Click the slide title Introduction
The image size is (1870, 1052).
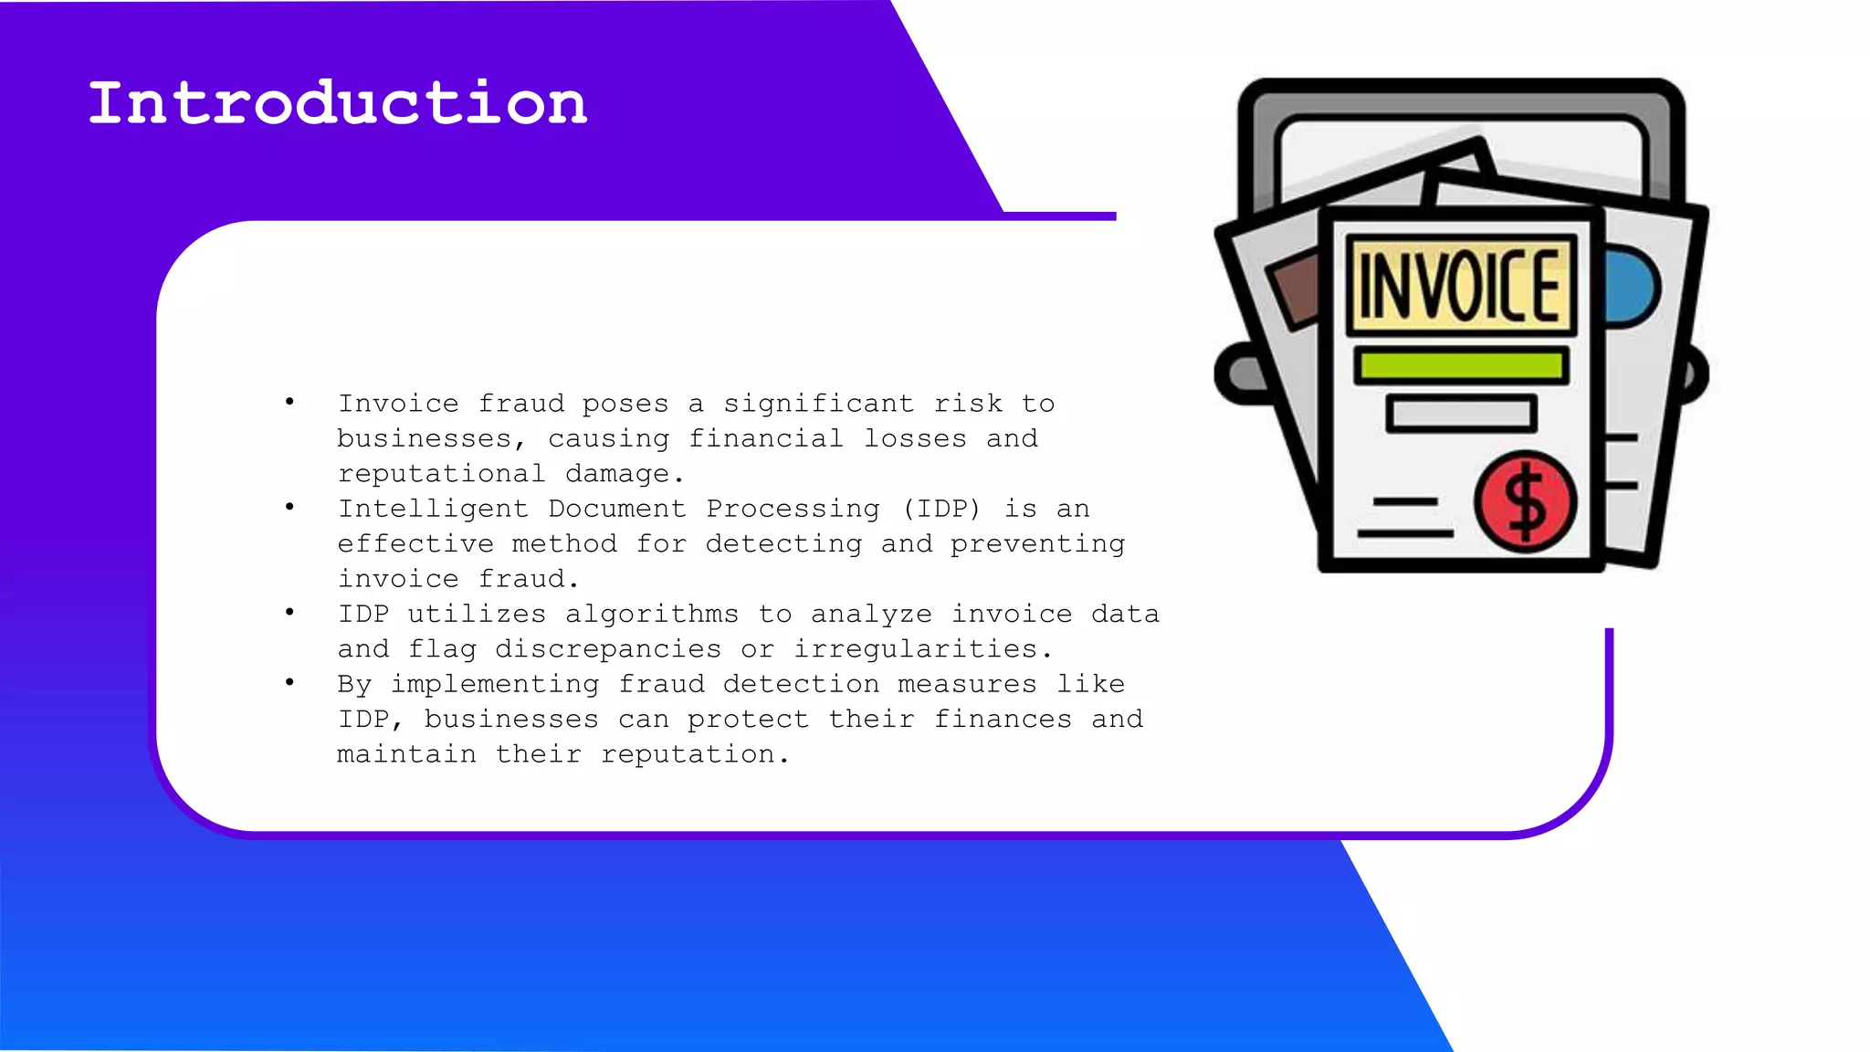pos(337,102)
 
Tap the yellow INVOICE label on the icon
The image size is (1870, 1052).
pos(1461,286)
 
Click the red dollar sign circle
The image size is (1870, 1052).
pos(1525,502)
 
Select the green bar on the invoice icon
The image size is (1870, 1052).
pos(1461,365)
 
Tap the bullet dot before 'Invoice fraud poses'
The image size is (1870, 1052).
pos(289,402)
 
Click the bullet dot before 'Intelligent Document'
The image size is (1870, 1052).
pos(289,507)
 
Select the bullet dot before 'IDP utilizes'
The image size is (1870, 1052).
pos(289,612)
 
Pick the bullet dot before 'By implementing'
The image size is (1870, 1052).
pos(289,682)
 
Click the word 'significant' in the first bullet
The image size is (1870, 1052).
pos(818,404)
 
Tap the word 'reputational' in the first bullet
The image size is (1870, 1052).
pos(441,474)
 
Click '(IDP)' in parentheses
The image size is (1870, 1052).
pos(941,509)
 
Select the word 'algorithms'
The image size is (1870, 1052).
pos(651,614)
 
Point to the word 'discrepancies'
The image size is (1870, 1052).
pos(607,649)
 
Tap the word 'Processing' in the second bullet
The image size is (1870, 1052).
pos(793,509)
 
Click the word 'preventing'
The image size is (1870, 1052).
pos(1037,544)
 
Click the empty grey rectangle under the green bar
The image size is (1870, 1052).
pos(1461,414)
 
